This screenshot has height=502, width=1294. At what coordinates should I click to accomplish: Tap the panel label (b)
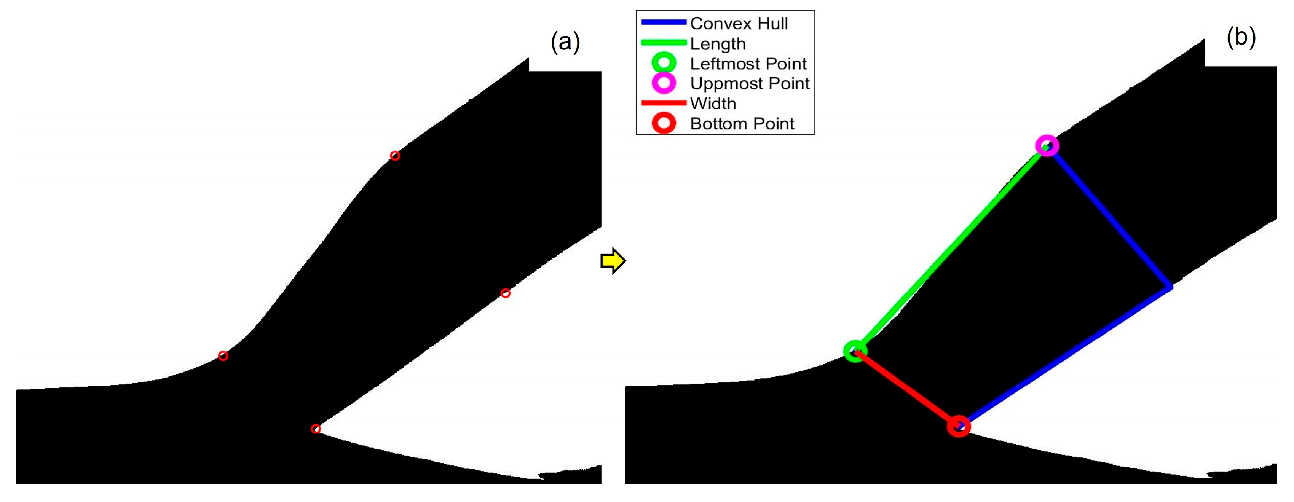[1241, 38]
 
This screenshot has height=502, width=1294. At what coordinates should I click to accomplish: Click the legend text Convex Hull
[739, 24]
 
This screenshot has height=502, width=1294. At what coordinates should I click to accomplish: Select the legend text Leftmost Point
[748, 64]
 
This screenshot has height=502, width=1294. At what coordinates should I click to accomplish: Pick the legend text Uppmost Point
[750, 83]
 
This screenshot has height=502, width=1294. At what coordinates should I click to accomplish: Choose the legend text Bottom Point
[742, 123]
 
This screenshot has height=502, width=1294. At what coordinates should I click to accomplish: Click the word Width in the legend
[713, 104]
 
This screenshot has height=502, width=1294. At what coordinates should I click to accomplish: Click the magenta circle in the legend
[664, 83]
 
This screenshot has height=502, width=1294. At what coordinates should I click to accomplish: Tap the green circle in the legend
[664, 63]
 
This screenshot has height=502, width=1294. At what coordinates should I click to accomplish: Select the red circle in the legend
[664, 123]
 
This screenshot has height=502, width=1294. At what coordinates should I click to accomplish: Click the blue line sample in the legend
[664, 22]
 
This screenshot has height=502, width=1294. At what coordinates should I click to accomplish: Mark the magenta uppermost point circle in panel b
[1047, 146]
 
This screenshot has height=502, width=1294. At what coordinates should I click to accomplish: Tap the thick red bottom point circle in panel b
[959, 426]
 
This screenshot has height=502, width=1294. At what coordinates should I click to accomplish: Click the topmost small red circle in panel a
[395, 156]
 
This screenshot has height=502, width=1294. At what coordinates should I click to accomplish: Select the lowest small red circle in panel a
[316, 429]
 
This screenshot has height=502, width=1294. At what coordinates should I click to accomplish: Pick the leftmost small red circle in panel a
[223, 355]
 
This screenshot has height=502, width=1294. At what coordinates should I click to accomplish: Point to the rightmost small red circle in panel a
[505, 293]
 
